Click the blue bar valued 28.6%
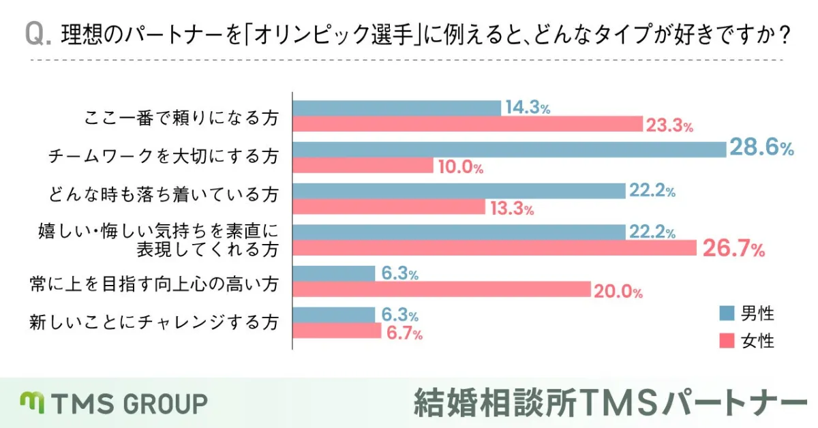pyautogui.click(x=509, y=149)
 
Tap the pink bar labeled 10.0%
pyautogui.click(x=363, y=166)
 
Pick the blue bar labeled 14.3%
pyautogui.click(x=397, y=108)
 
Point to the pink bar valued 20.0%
pyautogui.click(x=442, y=290)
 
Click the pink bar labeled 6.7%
pyautogui.click(x=337, y=331)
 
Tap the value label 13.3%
pyautogui.click(x=511, y=209)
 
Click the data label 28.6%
pyautogui.click(x=761, y=147)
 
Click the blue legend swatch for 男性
pyautogui.click(x=727, y=314)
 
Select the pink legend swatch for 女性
pyautogui.click(x=727, y=339)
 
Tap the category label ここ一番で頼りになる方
pyautogui.click(x=181, y=118)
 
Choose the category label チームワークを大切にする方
pyautogui.click(x=164, y=157)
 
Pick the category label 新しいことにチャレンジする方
pyautogui.click(x=154, y=321)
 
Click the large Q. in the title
pyautogui.click(x=38, y=35)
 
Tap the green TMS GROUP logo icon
pyautogui.click(x=32, y=403)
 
